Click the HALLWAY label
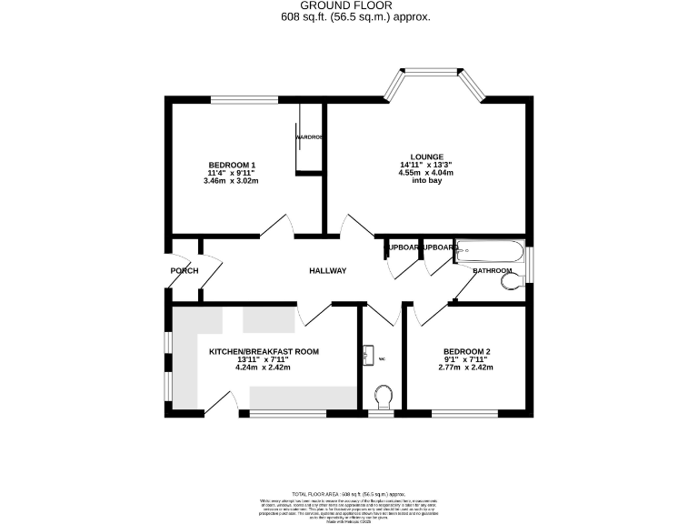tap(327, 271)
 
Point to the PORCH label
tap(184, 271)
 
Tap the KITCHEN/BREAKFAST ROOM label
tap(264, 351)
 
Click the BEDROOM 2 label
tap(466, 351)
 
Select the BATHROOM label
tap(493, 271)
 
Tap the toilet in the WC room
tap(383, 397)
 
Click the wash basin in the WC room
tap(368, 355)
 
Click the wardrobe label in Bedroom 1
tap(309, 137)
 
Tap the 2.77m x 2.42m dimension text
tap(466, 368)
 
